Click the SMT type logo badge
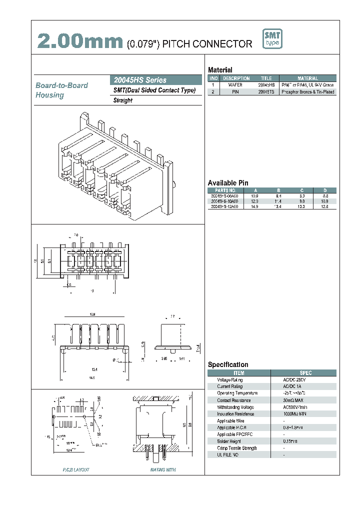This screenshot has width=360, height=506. tap(272, 39)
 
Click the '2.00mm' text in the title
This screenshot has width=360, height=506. tap(80, 42)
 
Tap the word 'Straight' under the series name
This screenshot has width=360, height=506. tap(123, 100)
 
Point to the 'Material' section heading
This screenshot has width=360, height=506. tap(220, 70)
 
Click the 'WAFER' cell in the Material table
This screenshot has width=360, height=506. tap(235, 85)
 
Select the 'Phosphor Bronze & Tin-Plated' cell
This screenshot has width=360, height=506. tap(307, 92)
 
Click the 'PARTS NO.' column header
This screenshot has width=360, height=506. tap(225, 190)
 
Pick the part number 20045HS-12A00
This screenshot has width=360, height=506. tap(224, 206)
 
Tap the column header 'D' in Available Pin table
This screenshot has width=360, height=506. tap(325, 190)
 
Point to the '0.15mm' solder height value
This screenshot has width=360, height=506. tap(290, 441)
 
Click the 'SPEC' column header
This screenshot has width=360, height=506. tap(305, 373)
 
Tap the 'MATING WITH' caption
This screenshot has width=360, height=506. tap(163, 470)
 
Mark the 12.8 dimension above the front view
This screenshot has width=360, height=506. tap(92, 314)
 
